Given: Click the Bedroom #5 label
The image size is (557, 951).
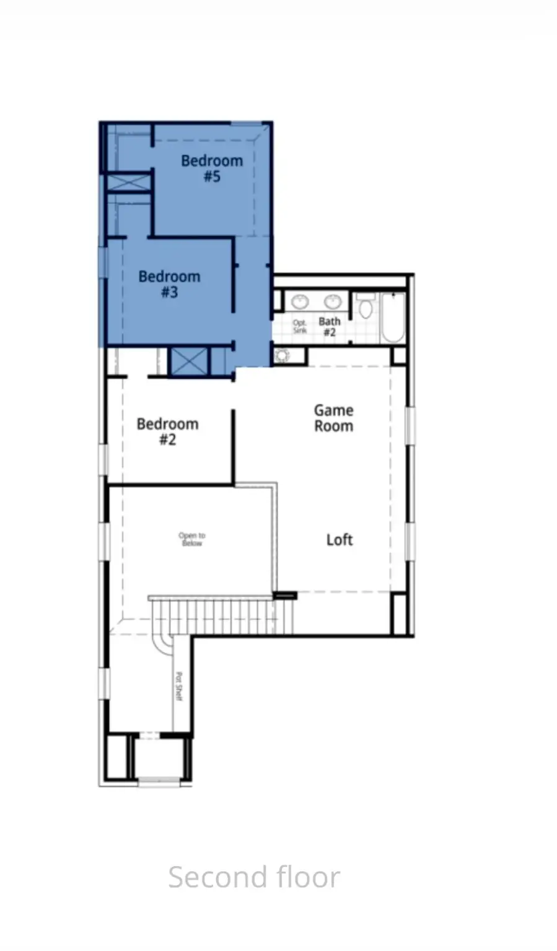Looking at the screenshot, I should pos(212,168).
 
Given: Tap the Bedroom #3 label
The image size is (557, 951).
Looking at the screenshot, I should pos(169,284).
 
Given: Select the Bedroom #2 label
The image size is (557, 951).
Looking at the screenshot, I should pos(167,432).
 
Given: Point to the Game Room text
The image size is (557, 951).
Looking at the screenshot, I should pos(333,418).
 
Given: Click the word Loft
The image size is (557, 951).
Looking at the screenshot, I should pos(340,540).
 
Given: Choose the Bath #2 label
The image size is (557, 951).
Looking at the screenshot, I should pos(330,326).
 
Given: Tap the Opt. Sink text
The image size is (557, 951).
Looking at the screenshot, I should pos(300,327).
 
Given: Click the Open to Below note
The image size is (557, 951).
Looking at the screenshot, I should pos(192,539).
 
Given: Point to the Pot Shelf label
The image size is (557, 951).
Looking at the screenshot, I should pos(180,686).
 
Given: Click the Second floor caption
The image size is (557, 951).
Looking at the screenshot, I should pos(254,877).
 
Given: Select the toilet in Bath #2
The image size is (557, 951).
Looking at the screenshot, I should pos(366,307).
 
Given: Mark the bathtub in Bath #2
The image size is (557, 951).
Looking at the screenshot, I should pos(393,318).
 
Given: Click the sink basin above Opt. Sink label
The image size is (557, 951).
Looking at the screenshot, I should pos(300,302).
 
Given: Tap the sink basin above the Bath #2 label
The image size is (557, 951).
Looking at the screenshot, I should pos(333,302).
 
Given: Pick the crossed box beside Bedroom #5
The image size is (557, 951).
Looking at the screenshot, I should pos(129,183).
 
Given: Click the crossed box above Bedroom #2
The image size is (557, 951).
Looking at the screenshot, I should pos(188,362).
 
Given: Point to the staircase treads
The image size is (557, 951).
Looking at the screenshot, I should pos(223,616).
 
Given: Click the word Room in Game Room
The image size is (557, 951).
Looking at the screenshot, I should pos(333,426).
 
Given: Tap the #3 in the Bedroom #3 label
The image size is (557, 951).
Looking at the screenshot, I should pos(169,292).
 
